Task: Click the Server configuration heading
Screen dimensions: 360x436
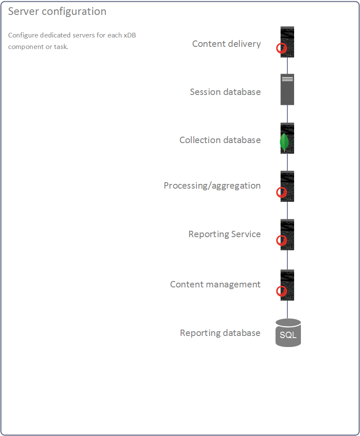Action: (57, 11)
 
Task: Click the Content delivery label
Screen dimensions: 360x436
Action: (227, 44)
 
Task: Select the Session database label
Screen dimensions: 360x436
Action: (225, 92)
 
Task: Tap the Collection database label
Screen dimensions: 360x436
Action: (220, 140)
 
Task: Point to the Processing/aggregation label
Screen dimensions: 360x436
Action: (212, 186)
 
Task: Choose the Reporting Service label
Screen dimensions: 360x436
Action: (224, 234)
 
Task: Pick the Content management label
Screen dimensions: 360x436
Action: (215, 284)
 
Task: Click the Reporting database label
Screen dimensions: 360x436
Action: (220, 333)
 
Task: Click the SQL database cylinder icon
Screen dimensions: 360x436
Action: (288, 333)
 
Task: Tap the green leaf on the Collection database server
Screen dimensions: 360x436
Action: (284, 142)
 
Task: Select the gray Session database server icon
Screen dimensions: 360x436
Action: (287, 89)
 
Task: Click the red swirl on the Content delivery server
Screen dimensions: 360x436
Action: (281, 48)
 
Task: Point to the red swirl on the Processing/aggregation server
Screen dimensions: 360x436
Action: (281, 192)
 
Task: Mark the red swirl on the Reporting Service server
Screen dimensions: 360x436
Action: (281, 241)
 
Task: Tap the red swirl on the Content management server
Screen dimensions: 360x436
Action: (281, 291)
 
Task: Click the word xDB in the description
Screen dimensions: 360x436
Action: (130, 35)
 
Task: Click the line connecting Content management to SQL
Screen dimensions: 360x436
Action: (287, 310)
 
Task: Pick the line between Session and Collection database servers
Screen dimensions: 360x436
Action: (287, 114)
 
